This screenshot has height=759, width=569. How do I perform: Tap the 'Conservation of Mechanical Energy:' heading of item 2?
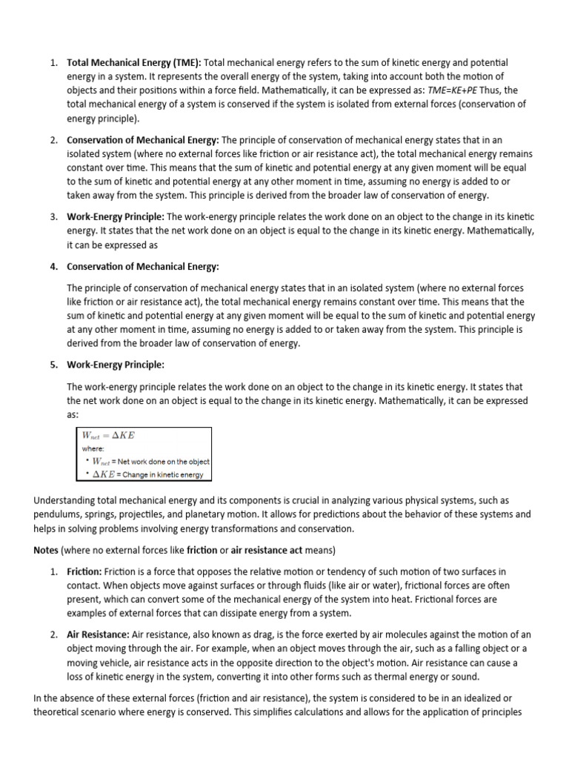coord(143,140)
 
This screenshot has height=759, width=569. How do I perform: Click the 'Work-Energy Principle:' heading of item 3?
coord(116,216)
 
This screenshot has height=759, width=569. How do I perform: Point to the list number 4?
coord(54,266)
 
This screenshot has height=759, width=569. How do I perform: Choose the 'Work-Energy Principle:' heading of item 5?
coord(116,365)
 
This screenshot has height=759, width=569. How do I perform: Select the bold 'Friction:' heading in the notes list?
coord(84,571)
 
